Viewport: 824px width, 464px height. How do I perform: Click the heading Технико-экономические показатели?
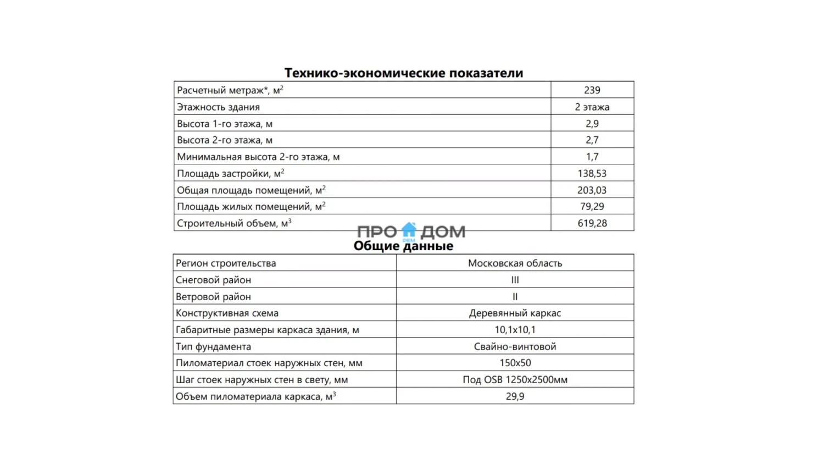(403, 73)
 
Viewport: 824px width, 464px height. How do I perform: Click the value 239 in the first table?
(592, 90)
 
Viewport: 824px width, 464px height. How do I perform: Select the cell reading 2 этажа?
(592, 107)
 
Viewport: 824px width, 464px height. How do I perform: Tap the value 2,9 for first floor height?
(592, 124)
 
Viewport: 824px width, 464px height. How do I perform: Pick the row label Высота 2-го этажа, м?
(225, 140)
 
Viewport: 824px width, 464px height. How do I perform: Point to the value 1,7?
(592, 157)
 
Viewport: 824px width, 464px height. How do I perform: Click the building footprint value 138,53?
(592, 174)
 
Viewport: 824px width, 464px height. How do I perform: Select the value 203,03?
(592, 190)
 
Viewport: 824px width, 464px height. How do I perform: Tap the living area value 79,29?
(592, 207)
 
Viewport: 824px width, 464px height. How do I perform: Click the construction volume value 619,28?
(592, 223)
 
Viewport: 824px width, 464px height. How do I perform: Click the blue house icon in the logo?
(409, 230)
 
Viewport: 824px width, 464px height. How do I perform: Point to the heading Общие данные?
(403, 246)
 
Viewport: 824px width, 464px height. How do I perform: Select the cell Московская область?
(515, 263)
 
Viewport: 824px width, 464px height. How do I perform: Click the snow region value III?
(515, 280)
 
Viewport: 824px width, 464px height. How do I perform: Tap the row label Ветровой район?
(213, 297)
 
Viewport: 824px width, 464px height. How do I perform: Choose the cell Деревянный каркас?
(515, 313)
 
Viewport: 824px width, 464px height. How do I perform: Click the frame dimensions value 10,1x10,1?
(515, 330)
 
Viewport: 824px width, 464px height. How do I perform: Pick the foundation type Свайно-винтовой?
(515, 347)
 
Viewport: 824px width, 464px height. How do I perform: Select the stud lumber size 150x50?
(515, 363)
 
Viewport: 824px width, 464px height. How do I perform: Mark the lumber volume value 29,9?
(515, 396)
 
